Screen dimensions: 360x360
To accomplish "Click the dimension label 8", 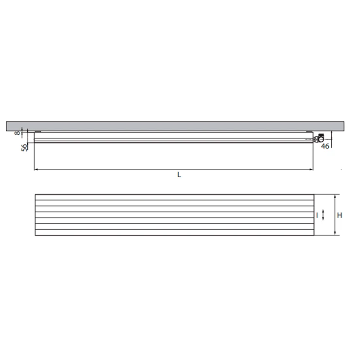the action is [18, 132].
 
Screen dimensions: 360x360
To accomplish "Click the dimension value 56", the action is [24, 147].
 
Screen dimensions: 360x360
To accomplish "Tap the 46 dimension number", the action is [325, 146].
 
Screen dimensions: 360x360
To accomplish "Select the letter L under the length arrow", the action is [179, 175].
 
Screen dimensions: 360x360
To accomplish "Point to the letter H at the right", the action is [340, 215].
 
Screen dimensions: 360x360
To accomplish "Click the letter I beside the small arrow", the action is [317, 216].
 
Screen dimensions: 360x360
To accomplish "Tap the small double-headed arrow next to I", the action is [323, 215].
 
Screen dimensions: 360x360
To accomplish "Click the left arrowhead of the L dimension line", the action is [36, 169].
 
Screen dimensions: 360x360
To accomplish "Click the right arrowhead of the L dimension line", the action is [311, 169].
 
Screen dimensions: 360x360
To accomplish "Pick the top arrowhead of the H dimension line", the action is [335, 197].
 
